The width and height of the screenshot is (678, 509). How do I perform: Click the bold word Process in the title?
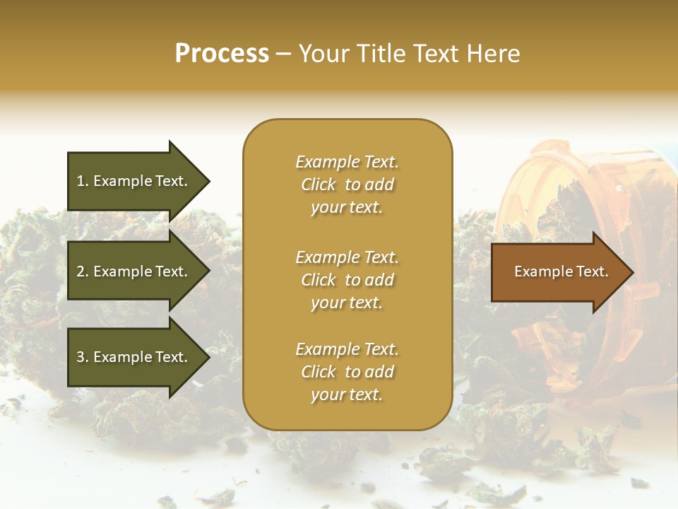coord(222,54)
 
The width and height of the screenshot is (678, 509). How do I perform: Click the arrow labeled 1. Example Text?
coord(134,181)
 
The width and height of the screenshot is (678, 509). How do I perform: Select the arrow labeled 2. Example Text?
coord(134,271)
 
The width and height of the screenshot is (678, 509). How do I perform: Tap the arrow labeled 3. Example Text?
coord(134,357)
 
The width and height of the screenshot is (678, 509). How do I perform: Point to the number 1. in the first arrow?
coord(82,181)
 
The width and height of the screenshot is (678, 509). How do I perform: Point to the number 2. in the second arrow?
coord(82,271)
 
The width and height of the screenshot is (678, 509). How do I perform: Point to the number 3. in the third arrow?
coord(82,357)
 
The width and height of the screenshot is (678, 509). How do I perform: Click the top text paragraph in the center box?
coord(347,185)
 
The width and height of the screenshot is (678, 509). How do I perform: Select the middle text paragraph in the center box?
coord(347,279)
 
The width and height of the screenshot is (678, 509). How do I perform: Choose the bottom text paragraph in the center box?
coord(347,372)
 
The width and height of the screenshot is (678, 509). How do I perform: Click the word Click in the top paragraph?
coord(319,185)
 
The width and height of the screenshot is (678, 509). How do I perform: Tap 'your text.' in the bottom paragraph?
coord(347,395)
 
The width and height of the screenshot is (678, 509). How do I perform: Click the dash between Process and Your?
coord(284,54)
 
